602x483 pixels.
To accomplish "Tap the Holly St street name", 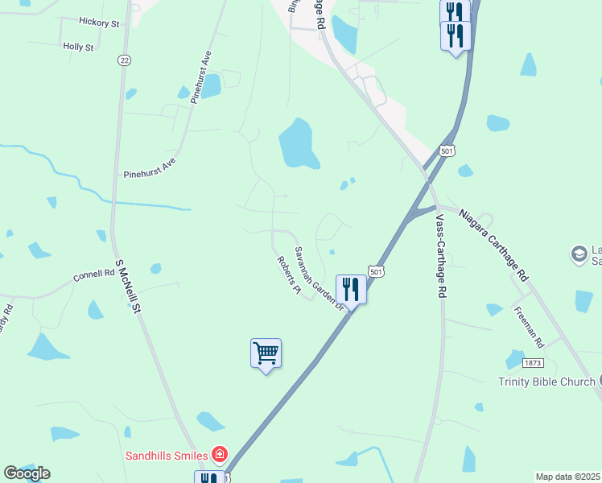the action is coord(78,47).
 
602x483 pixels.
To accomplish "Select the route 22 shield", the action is coord(123,60).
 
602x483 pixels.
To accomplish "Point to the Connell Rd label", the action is coord(93,275).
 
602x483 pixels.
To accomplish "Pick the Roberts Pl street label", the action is coord(288,275).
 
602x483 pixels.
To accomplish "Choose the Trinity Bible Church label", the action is coord(546,382).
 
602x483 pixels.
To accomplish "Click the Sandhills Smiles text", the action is coord(165,455).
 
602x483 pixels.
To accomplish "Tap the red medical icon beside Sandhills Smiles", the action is coord(218,455).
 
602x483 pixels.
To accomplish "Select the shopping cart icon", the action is coord(266,353).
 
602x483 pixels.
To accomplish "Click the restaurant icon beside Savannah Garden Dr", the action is coord(350,287).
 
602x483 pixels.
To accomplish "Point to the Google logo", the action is coord(27,473).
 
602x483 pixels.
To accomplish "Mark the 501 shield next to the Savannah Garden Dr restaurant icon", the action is coord(376,272).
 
